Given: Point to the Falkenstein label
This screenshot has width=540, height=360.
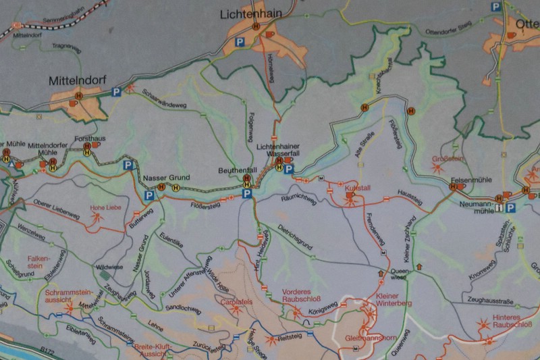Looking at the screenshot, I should coord(39,263).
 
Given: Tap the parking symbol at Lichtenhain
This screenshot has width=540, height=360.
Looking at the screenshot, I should coord(238,42).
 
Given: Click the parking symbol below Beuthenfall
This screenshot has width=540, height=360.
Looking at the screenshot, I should coord(247,194).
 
